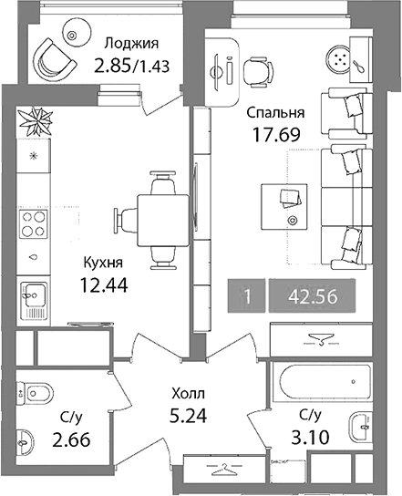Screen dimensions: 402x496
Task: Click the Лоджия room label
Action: point(131,44)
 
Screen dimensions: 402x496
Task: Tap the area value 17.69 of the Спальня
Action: point(276,134)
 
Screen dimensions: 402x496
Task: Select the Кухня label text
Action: point(103,263)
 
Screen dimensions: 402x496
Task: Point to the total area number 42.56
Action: point(312,296)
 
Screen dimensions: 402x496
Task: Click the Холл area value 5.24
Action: point(188,416)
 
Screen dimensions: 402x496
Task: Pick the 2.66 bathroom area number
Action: point(71,439)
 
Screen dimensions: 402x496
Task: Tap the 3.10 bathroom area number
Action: point(310,438)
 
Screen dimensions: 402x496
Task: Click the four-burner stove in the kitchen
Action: point(33,224)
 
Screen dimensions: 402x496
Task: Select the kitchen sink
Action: point(34,301)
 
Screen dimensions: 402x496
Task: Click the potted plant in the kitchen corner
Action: point(35,121)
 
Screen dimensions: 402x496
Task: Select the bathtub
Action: point(323,382)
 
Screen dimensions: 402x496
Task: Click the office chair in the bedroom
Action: point(258,71)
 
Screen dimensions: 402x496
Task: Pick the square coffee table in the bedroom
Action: point(284,207)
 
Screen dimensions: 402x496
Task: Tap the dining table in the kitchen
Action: point(163,221)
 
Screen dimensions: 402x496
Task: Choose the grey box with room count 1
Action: point(247,296)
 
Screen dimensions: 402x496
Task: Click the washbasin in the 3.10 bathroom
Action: point(361,427)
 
